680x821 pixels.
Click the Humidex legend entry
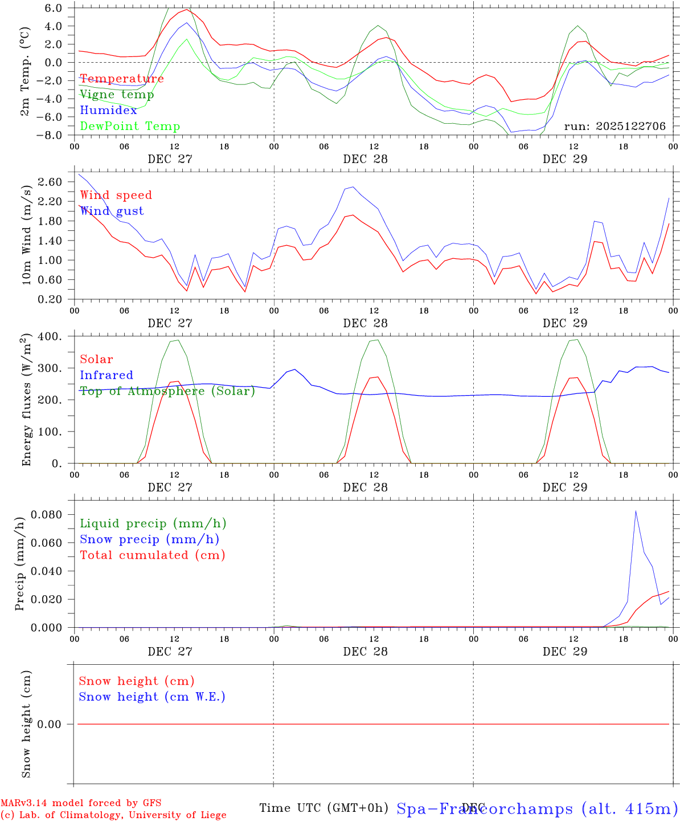tap(108, 111)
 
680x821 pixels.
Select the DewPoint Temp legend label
tap(130, 127)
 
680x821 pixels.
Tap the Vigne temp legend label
tap(117, 95)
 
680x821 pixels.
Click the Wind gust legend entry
tap(112, 211)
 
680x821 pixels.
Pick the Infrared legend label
tap(106, 375)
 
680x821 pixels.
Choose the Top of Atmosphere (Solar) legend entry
tap(167, 391)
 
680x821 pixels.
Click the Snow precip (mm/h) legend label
tap(150, 539)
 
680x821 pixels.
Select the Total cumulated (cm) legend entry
tap(153, 555)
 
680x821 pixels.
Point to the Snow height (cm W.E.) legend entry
tap(152, 697)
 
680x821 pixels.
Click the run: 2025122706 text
tap(615, 127)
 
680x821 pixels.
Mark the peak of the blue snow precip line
tap(636, 511)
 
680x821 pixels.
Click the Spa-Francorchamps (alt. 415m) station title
tap(537, 808)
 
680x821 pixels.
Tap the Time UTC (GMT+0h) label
tap(323, 808)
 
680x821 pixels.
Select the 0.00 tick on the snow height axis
tap(56, 724)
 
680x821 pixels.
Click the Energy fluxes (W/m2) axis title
tap(26, 400)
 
